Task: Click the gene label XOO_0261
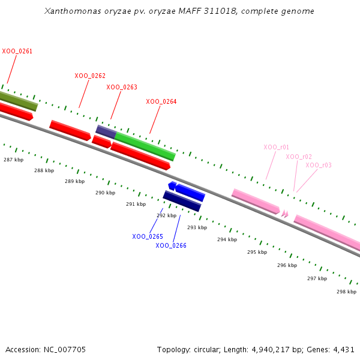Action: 17,52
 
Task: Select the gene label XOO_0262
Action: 90,76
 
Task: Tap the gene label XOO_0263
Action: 122,88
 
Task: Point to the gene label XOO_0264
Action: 161,102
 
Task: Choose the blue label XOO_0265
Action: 148,237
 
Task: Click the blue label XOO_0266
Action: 171,245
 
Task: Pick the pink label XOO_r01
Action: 277,147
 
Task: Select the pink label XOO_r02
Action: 299,157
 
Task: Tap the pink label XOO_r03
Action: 319,165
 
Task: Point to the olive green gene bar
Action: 18,101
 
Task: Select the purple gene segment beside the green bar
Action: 106,132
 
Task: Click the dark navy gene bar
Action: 182,201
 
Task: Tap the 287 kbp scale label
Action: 13,160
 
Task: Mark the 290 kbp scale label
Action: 105,193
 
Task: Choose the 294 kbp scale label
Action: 227,239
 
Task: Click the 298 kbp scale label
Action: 347,292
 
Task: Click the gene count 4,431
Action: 344,349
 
